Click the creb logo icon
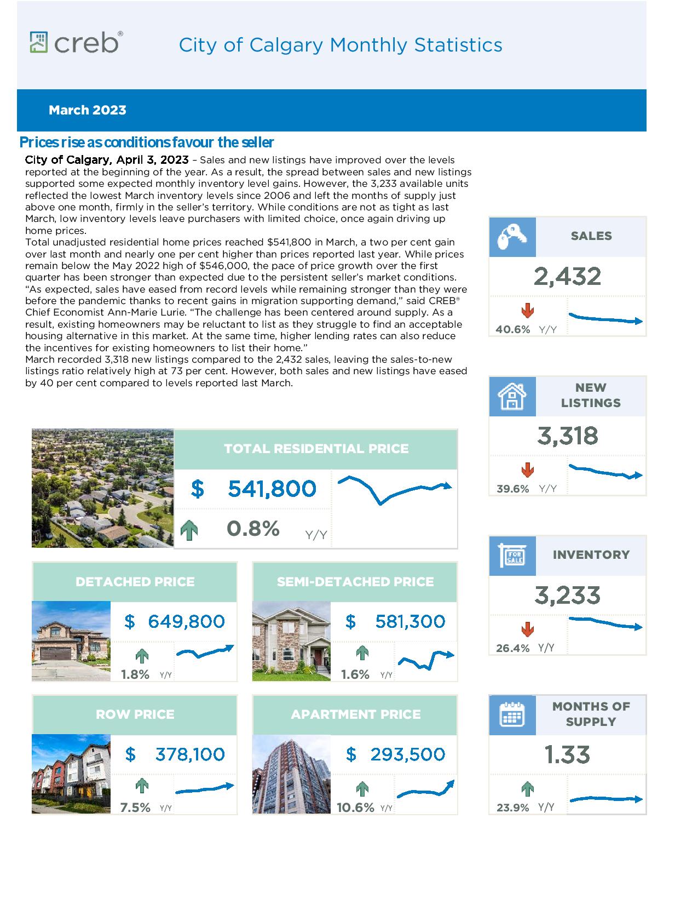coord(39,42)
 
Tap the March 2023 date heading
coord(87,110)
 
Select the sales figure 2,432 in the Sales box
coord(567,276)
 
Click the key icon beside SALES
coord(512,237)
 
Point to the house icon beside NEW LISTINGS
coord(512,397)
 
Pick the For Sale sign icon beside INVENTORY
coord(512,556)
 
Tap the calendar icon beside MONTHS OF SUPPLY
coord(512,714)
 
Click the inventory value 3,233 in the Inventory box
coord(567,596)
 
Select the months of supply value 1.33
coord(567,754)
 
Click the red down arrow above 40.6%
coord(528,310)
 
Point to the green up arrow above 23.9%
coord(528,789)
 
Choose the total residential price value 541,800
coord(272,488)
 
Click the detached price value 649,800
coord(186,621)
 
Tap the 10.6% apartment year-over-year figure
coord(355,808)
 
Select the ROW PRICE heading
coord(135,714)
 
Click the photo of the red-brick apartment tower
coord(291,774)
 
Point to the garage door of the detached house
coord(55,654)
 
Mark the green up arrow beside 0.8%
coord(189,530)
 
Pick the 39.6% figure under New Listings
coord(512,489)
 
